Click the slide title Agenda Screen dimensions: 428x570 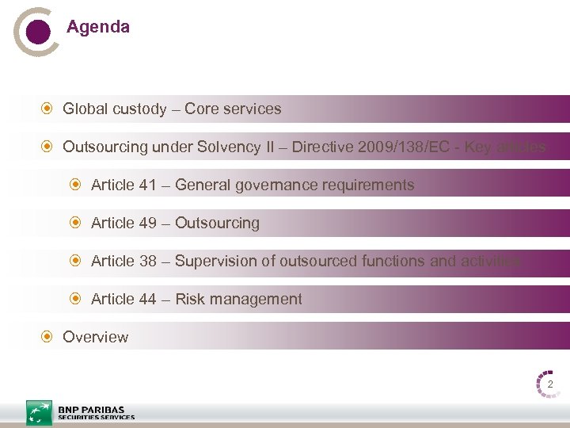(98, 27)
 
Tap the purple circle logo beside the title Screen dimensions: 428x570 (36, 31)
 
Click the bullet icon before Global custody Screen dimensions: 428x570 (47, 109)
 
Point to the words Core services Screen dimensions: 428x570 (233, 109)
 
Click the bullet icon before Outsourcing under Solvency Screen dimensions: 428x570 (47, 147)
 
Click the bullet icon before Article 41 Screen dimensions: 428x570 (76, 185)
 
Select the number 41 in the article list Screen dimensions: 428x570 (147, 185)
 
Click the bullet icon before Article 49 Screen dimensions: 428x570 (76, 223)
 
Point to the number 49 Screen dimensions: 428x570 (147, 223)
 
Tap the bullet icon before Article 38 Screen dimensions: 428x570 (76, 261)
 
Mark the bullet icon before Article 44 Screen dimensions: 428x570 (76, 299)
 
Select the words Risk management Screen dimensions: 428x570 (238, 299)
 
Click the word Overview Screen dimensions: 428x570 (95, 337)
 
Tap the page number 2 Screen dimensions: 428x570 (549, 384)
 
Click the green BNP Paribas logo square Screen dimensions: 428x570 (39, 413)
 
